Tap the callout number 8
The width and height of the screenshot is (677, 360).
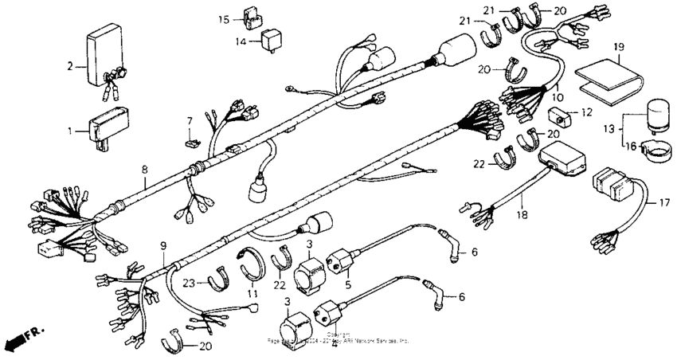click(x=144, y=170)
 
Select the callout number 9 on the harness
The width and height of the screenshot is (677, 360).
click(x=164, y=245)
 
